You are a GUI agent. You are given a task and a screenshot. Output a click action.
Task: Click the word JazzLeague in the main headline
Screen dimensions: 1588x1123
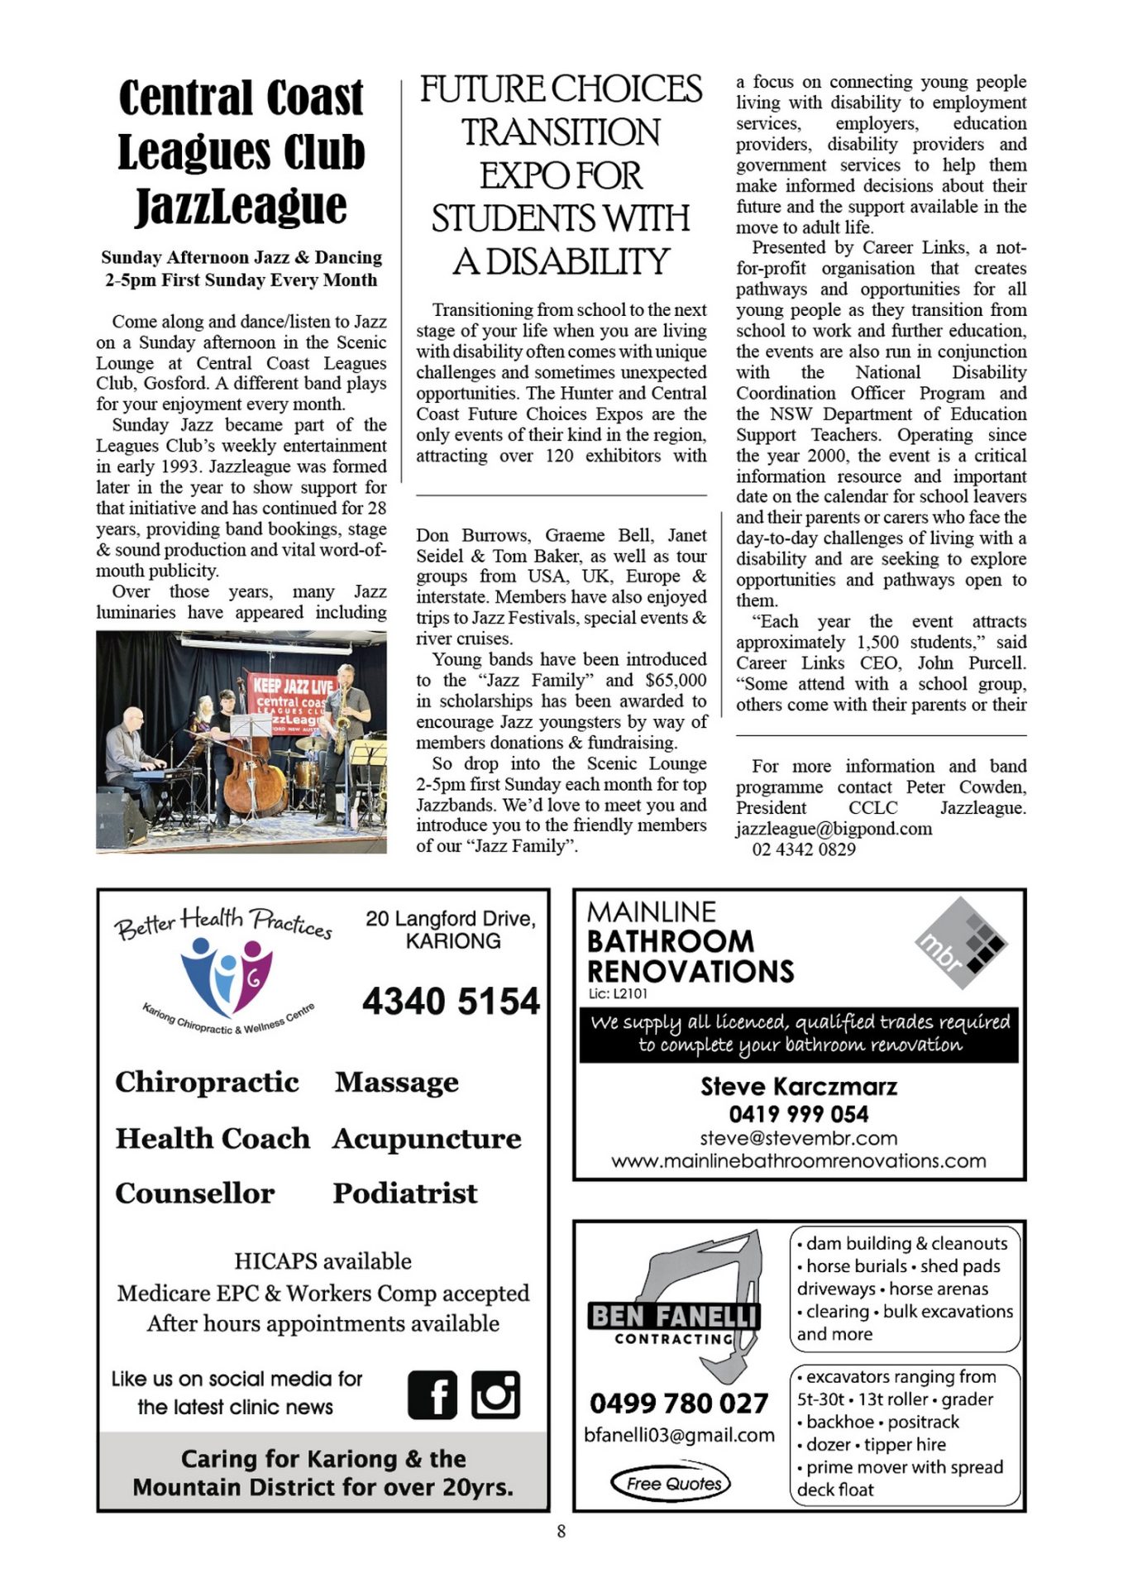pyautogui.click(x=241, y=206)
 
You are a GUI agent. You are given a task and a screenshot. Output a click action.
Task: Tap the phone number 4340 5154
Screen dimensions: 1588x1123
pyautogui.click(x=451, y=1001)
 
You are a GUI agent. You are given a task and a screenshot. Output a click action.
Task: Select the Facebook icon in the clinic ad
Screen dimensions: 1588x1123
pyautogui.click(x=432, y=1395)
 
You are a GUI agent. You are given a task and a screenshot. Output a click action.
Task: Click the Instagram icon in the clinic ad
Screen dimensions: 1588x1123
pyautogui.click(x=495, y=1395)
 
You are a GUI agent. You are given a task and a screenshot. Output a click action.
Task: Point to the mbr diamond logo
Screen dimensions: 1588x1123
pyautogui.click(x=961, y=942)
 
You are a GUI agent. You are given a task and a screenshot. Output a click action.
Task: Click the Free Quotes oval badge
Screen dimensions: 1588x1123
pyautogui.click(x=671, y=1483)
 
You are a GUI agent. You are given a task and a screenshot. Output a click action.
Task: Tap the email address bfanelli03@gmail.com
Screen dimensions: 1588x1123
pyautogui.click(x=679, y=1435)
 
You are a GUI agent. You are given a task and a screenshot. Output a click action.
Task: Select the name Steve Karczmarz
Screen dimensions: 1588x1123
pyautogui.click(x=798, y=1086)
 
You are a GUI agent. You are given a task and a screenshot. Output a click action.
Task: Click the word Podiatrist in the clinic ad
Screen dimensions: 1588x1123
pyautogui.click(x=405, y=1193)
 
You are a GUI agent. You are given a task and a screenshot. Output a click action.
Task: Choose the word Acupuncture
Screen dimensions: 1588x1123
pyautogui.click(x=427, y=1138)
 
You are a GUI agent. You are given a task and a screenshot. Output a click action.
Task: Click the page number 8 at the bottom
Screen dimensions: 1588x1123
pyautogui.click(x=561, y=1531)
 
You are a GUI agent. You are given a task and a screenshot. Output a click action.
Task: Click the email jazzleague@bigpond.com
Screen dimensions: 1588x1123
pyautogui.click(x=834, y=829)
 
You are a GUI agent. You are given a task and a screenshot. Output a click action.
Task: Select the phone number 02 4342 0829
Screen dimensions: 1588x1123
pyautogui.click(x=803, y=849)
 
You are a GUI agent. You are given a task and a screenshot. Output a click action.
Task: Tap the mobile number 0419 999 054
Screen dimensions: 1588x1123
pyautogui.click(x=798, y=1113)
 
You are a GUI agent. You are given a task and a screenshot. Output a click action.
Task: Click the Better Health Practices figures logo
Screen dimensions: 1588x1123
pyautogui.click(x=226, y=976)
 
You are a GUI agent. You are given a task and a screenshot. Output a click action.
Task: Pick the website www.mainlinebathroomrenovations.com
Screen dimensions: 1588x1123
pyautogui.click(x=798, y=1160)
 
